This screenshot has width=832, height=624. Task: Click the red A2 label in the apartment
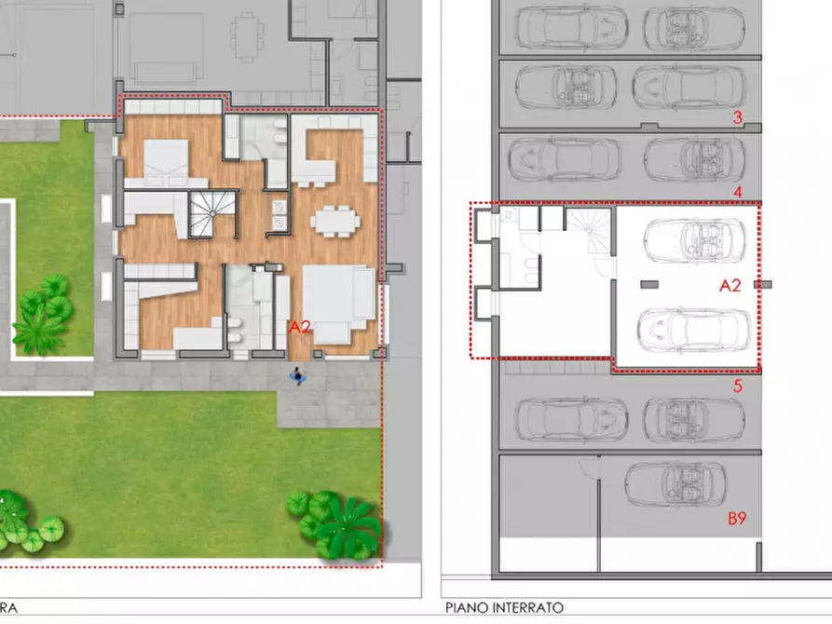click(299, 328)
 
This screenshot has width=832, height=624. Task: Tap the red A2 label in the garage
click(730, 286)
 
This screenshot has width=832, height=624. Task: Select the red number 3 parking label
click(737, 117)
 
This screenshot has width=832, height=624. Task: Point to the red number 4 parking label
click(737, 192)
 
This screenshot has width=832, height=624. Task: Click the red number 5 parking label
click(737, 387)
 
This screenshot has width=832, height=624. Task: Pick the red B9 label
click(737, 518)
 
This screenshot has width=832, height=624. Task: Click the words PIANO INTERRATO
click(504, 607)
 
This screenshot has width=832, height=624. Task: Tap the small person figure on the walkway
click(297, 375)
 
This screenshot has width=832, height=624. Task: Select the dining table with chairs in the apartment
click(335, 221)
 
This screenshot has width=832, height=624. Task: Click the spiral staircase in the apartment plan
click(212, 214)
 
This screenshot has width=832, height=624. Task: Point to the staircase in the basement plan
click(589, 229)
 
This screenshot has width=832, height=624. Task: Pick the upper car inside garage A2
click(694, 240)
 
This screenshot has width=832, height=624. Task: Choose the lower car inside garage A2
click(694, 332)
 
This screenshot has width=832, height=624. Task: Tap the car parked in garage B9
click(675, 484)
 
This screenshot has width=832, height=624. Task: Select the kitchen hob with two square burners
click(280, 214)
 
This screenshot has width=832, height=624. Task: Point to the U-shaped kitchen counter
click(334, 150)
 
